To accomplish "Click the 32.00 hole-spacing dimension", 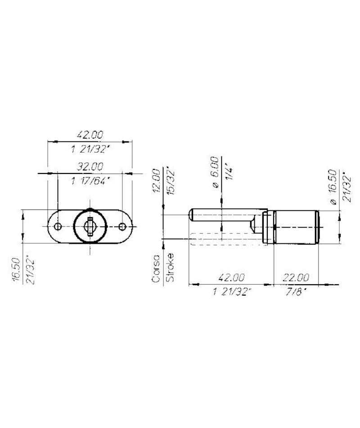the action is (x=90, y=166).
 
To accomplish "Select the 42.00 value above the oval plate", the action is (x=90, y=135).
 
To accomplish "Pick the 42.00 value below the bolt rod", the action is (x=231, y=278).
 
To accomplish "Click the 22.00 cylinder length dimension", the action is (x=296, y=278).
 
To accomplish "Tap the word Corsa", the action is (x=156, y=269).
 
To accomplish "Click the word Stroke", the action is (x=170, y=268).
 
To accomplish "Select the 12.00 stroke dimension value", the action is (x=156, y=181).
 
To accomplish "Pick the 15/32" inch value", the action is (x=171, y=182).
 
